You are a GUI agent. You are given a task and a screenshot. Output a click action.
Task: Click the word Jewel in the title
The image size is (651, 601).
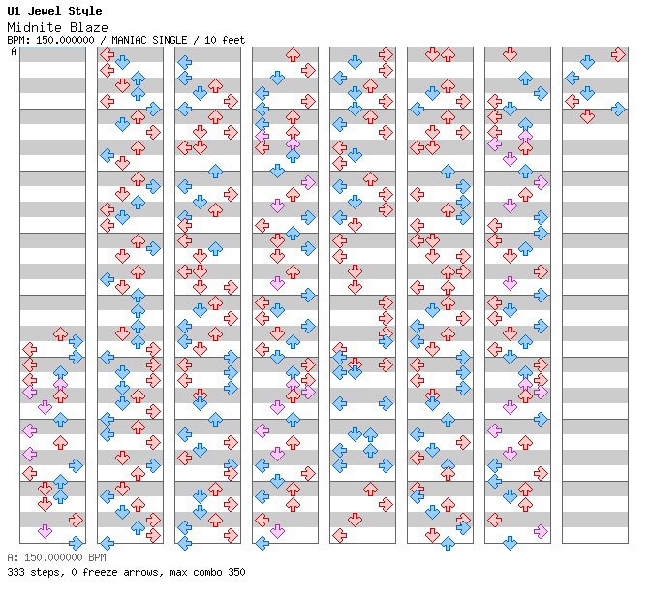tap(45, 11)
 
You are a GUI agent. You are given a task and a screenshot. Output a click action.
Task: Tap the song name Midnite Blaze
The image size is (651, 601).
tap(58, 27)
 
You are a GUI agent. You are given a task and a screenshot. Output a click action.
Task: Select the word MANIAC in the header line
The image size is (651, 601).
tap(129, 40)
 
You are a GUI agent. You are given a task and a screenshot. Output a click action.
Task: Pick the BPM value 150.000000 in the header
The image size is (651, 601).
tap(65, 40)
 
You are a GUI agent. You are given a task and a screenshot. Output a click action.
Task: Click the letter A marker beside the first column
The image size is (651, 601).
tap(15, 52)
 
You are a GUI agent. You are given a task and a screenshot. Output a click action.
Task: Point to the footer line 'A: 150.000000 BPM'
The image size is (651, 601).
tap(56, 557)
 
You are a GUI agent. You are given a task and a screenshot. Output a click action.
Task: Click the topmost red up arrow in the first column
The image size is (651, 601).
tap(61, 333)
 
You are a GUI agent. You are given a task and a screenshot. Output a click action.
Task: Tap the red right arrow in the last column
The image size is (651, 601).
tap(618, 54)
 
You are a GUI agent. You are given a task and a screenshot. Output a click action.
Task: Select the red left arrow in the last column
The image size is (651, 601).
tap(573, 101)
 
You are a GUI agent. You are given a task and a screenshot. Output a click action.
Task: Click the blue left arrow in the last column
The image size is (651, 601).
tap(573, 78)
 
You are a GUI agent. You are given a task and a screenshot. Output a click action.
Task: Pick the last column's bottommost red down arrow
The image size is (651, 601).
tap(587, 116)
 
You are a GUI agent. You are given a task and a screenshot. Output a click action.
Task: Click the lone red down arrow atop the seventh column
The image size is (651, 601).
tap(510, 54)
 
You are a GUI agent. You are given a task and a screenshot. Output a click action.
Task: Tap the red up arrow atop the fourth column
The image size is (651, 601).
tap(294, 54)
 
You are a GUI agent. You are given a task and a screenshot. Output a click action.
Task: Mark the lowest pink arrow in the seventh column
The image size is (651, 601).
tap(541, 531)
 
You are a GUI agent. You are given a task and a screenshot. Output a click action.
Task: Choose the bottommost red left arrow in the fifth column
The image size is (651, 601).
tap(340, 535)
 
